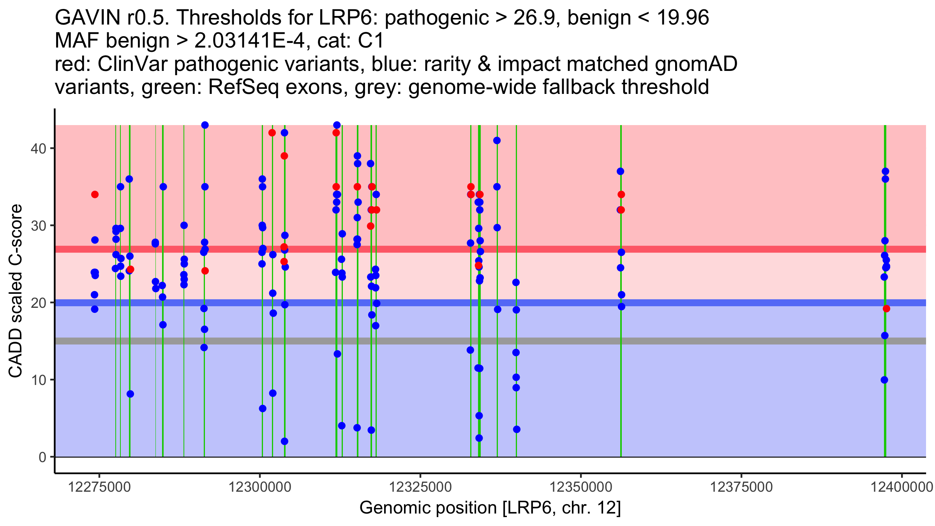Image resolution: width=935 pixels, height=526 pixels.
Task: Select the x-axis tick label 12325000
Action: (420, 487)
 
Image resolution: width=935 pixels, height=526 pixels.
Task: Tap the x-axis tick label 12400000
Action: (901, 487)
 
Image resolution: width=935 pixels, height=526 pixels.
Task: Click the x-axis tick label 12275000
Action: (99, 487)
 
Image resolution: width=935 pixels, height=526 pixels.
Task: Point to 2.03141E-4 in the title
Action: (249, 41)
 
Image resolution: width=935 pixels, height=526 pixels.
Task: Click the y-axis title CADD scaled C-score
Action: (16, 291)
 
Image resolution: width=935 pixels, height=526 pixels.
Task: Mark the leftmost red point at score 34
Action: (95, 194)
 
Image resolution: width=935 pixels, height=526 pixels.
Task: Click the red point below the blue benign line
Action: (886, 309)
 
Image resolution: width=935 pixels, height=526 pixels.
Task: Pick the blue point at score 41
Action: (497, 141)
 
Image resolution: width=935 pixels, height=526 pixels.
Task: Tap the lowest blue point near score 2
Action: (284, 441)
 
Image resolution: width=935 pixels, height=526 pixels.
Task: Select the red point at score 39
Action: (284, 156)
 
